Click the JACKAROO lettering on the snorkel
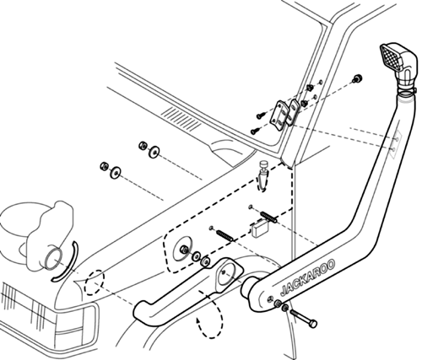(308, 277)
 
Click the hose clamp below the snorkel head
(406, 91)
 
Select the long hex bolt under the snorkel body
(303, 317)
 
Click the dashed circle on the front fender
(95, 282)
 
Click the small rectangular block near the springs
(259, 228)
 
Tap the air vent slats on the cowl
(181, 120)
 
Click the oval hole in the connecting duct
(230, 274)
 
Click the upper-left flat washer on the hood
(154, 152)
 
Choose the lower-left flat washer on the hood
(115, 172)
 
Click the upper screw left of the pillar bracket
(261, 115)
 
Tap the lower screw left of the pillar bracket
(256, 131)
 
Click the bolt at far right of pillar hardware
(358, 78)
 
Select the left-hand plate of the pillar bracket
(279, 116)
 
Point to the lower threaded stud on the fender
(225, 235)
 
